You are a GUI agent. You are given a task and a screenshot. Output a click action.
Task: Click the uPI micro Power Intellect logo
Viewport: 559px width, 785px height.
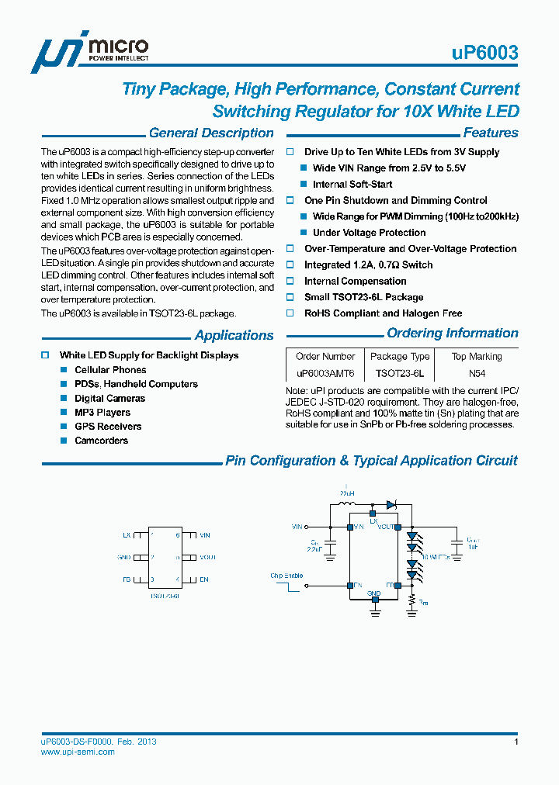coord(89,53)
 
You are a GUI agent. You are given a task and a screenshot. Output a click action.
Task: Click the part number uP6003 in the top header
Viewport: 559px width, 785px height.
coord(484,54)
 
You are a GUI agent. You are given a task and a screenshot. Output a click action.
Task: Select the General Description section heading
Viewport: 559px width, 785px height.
coord(211,133)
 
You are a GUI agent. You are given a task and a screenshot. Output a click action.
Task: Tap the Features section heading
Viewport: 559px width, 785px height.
coord(491,133)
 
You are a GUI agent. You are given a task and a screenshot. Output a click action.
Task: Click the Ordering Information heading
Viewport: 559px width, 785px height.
coord(453,334)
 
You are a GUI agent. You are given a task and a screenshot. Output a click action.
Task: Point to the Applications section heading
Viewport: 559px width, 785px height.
coord(234,336)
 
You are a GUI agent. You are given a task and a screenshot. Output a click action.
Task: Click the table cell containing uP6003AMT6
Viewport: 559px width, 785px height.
coord(325,373)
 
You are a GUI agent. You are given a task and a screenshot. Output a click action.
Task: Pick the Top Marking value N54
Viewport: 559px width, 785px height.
coord(477,373)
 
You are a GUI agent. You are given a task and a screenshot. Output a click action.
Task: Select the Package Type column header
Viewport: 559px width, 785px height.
coord(400,357)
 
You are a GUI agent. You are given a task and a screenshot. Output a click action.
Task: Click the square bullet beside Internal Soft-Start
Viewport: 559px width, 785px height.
coord(304,185)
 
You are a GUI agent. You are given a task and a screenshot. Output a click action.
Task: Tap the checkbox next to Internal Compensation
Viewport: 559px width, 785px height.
coord(290,282)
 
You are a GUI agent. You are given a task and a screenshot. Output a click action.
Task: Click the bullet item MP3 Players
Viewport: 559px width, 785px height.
coord(102,413)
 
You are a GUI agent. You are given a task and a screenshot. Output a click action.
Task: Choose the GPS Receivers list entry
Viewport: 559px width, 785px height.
coord(108,427)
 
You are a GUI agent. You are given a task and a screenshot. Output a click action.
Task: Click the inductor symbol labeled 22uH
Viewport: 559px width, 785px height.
coord(347,503)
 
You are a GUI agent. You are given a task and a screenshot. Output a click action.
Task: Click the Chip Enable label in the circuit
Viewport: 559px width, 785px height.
coord(286,576)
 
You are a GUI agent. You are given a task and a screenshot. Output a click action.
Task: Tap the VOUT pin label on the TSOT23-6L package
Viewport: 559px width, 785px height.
coord(207,558)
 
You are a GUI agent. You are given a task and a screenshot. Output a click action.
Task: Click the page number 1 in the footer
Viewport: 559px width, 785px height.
coord(516,742)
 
